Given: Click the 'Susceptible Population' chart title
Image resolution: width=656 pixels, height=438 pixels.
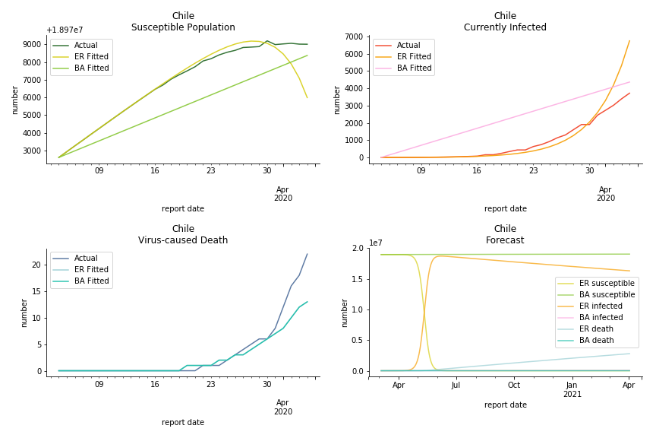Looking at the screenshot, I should coord(183,27).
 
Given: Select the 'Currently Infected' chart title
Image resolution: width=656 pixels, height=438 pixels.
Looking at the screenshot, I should coord(505,27).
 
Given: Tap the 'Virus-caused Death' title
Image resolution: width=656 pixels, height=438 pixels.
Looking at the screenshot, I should coord(183,240).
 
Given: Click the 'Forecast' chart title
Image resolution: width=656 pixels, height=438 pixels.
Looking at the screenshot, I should coord(505,240).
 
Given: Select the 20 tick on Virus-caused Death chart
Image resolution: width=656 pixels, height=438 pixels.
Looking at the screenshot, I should coord(36,265).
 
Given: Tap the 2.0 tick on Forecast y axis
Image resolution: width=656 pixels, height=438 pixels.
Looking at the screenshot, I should coord(358,249).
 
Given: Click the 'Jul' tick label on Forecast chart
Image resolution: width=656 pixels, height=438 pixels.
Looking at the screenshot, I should coord(456,386).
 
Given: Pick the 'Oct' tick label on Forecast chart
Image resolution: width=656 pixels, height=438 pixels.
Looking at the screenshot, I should coord(513,386).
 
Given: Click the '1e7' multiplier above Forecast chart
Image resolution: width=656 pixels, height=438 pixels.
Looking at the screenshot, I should coord(375,243).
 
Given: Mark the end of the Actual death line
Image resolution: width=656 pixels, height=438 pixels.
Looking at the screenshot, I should coord(307,255).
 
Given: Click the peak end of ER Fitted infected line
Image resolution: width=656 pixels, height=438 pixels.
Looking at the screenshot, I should coord(629,41).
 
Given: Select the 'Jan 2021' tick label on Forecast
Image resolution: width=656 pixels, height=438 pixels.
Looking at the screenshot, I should coord(572,389).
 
